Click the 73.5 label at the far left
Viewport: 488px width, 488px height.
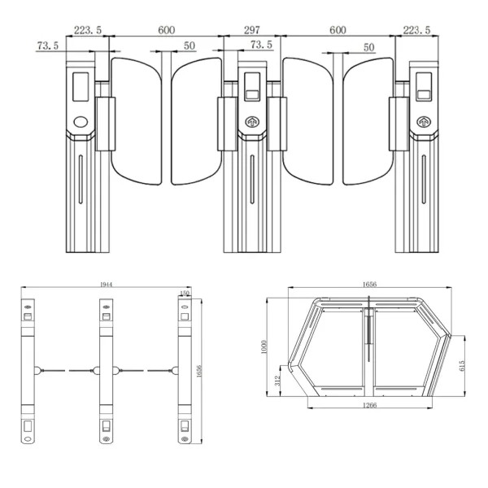coord(49,46)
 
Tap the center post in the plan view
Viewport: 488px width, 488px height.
coord(104,370)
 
